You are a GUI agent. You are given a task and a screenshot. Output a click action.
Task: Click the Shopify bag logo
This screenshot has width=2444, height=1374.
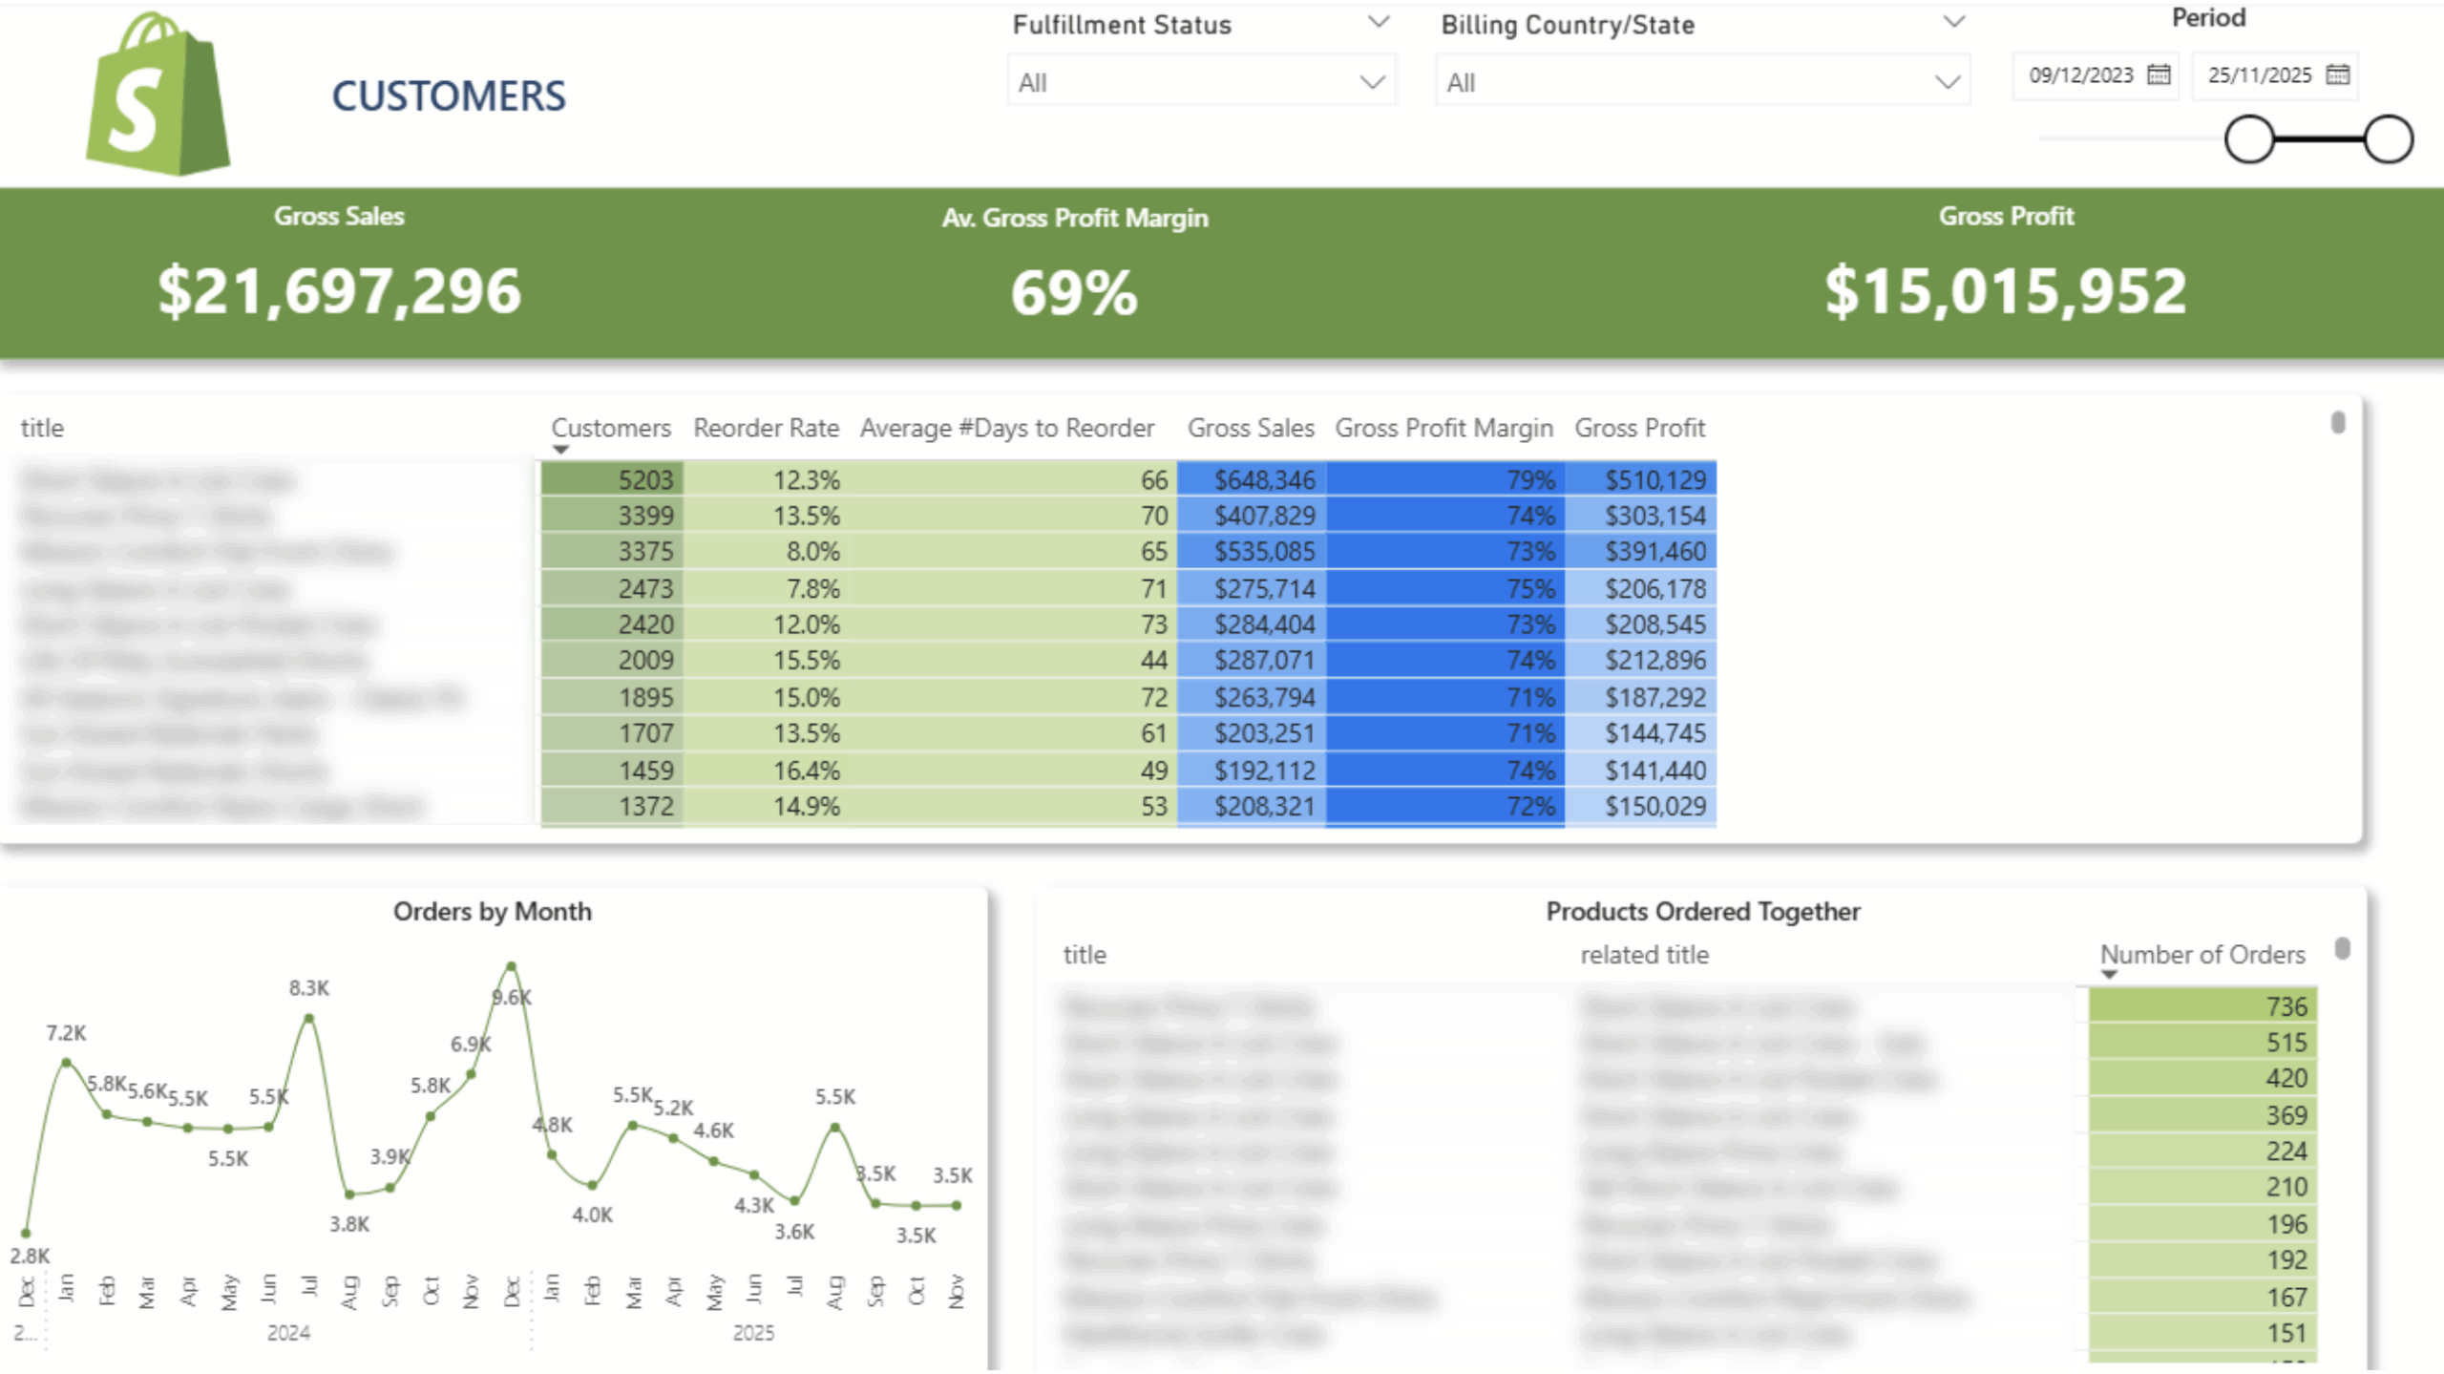pyautogui.click(x=158, y=95)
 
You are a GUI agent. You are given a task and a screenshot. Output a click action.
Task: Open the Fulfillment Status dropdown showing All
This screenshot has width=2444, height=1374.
pyautogui.click(x=1201, y=82)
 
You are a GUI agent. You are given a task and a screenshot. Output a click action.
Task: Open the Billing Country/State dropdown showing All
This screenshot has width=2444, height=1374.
pyautogui.click(x=1702, y=82)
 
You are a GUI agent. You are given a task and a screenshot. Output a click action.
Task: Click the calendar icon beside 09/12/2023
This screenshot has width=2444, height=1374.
pyautogui.click(x=2159, y=74)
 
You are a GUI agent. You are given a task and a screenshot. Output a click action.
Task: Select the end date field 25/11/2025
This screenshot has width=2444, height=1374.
pyautogui.click(x=2260, y=75)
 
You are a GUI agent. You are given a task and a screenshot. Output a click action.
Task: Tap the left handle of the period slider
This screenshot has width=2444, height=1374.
pyautogui.click(x=2249, y=139)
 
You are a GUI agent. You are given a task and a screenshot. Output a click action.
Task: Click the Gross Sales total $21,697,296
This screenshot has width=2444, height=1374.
pyautogui.click(x=339, y=291)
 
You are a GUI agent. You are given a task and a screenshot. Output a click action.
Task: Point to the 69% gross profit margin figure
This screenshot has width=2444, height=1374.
pyautogui.click(x=1074, y=293)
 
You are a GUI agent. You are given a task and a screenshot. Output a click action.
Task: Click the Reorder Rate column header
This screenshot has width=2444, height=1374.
pyautogui.click(x=766, y=428)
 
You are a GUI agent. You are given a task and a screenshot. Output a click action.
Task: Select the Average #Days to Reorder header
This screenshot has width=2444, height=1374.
pyautogui.click(x=1006, y=428)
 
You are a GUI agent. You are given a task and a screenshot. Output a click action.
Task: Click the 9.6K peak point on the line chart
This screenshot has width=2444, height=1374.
pyautogui.click(x=512, y=966)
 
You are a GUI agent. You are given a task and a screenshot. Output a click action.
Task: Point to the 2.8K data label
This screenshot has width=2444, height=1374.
pyautogui.click(x=30, y=1256)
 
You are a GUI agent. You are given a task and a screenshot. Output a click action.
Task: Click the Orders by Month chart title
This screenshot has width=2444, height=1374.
pyautogui.click(x=492, y=912)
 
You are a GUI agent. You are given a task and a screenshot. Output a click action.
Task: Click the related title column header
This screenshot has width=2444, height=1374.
pyautogui.click(x=1644, y=955)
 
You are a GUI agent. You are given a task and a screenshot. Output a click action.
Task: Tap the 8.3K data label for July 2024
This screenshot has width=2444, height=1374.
pyautogui.click(x=308, y=988)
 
